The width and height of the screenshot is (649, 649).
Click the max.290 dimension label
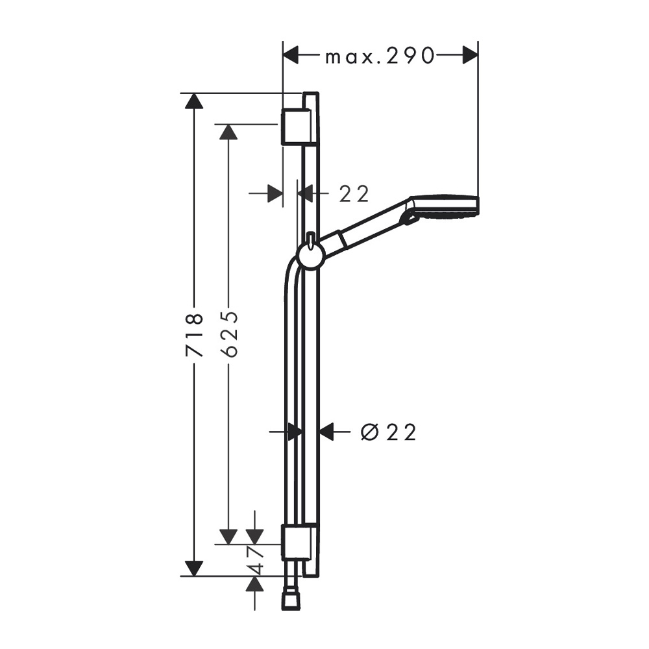pyautogui.click(x=380, y=56)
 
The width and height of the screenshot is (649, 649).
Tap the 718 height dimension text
pyautogui.click(x=194, y=336)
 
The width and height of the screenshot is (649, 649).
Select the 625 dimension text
pyautogui.click(x=229, y=334)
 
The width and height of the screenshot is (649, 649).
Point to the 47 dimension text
pyautogui.click(x=256, y=561)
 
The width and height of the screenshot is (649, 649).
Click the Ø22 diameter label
pyautogui.click(x=388, y=433)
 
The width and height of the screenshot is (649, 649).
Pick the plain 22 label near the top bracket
pyautogui.click(x=354, y=193)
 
